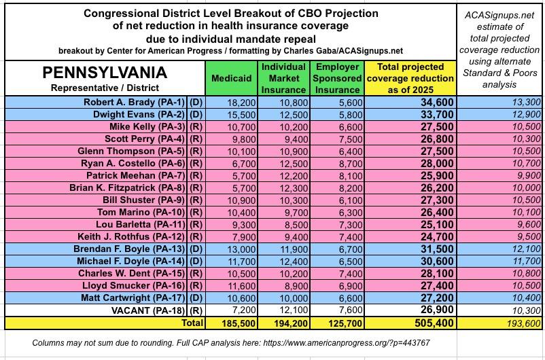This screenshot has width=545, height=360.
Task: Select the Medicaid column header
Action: point(231,79)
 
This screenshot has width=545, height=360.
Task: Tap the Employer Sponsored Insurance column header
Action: point(338,78)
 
